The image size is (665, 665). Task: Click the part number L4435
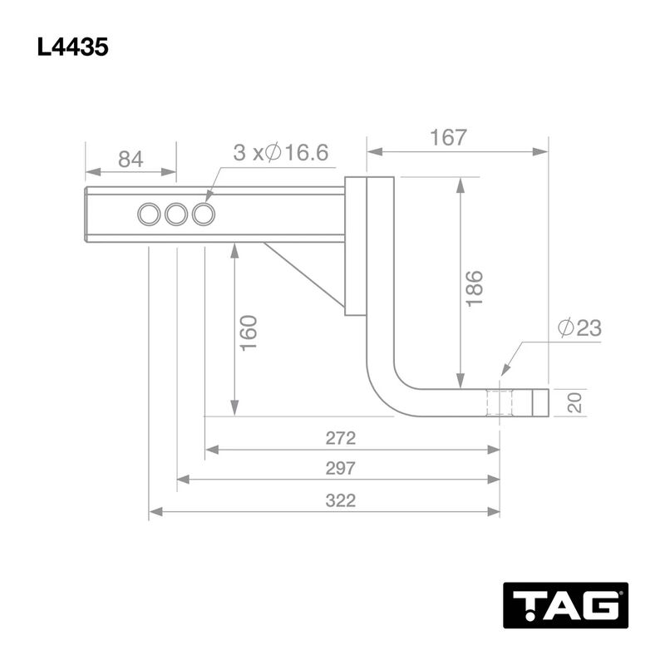tap(72, 47)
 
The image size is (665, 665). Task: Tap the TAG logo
tap(565, 605)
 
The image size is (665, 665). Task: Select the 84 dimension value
tap(131, 160)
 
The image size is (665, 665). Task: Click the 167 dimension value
tap(448, 137)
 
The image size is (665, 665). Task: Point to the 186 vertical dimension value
tap(474, 288)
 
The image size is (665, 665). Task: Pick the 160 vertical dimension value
tap(249, 333)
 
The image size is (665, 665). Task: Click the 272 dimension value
tap(341, 438)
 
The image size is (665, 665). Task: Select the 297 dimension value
tap(341, 468)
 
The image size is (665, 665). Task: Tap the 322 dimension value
tap(341, 500)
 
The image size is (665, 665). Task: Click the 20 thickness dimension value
tap(574, 402)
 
